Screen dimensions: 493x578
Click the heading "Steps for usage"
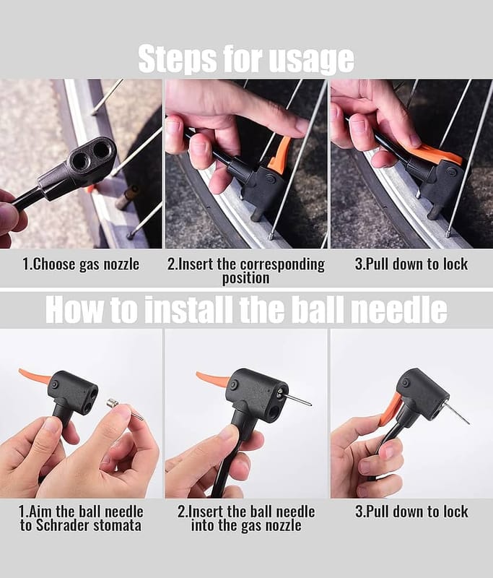pos(246,59)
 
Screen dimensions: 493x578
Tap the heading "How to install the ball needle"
pos(246,309)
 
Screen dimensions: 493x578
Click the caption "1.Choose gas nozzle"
pos(81,264)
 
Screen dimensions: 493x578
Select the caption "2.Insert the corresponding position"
pos(246,271)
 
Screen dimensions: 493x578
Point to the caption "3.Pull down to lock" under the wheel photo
pos(411,264)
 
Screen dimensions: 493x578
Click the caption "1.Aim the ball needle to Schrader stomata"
pos(81,518)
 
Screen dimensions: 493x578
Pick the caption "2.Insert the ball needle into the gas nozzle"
pos(246,518)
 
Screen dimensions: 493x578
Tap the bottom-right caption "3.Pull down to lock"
pos(411,512)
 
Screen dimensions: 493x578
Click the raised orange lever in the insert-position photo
pos(280,155)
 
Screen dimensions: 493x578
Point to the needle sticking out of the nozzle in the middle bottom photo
pos(299,400)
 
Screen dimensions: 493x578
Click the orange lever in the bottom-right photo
pos(390,408)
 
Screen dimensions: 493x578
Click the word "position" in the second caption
pos(246,278)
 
